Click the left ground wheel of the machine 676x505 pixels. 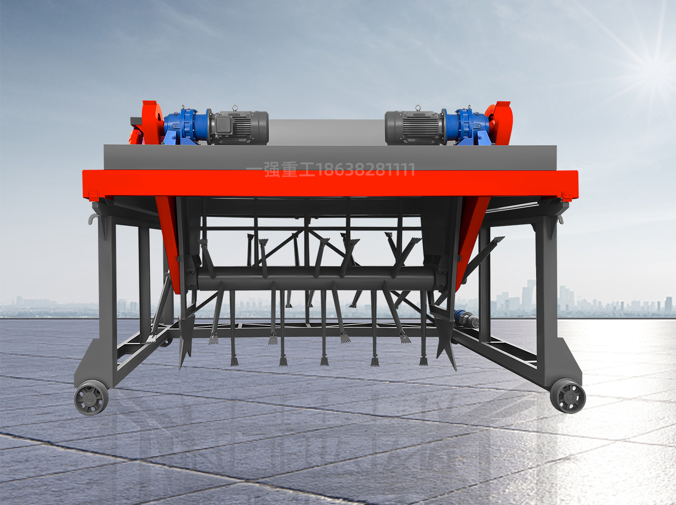[x=91, y=398]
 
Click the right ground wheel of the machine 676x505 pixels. [x=568, y=396]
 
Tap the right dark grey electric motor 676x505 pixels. [x=414, y=128]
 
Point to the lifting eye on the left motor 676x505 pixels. [x=235, y=108]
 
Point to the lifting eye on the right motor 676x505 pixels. [x=418, y=108]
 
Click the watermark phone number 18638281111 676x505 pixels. [x=365, y=170]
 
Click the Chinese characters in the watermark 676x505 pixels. [x=281, y=170]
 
